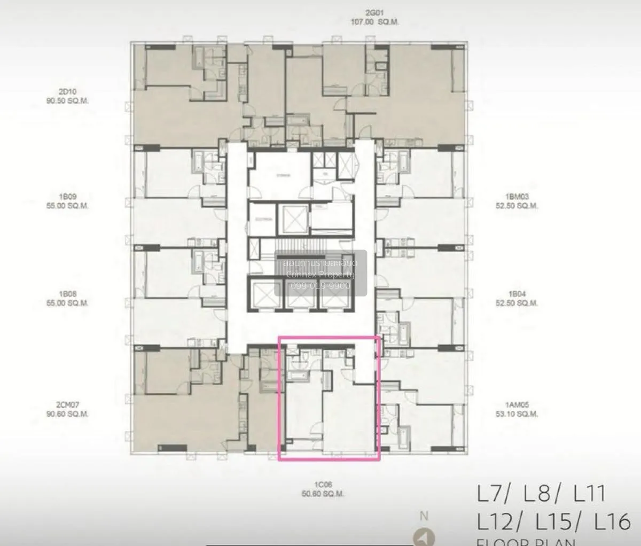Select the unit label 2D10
pyautogui.click(x=67, y=91)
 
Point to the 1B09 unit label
pyautogui.click(x=67, y=197)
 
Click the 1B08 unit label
pyautogui.click(x=67, y=294)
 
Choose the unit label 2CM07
pyautogui.click(x=67, y=405)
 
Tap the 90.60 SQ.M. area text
pyautogui.click(x=67, y=414)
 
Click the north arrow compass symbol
pyautogui.click(x=424, y=537)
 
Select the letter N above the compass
pyautogui.click(x=424, y=516)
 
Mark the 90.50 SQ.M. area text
pyautogui.click(x=67, y=100)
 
